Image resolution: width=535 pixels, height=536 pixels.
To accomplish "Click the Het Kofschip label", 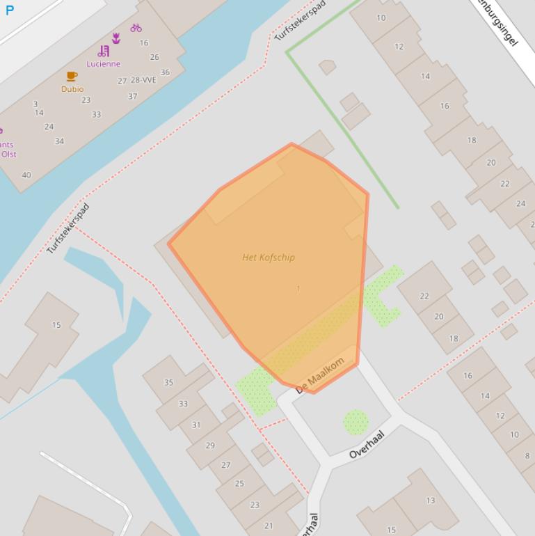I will pyautogui.click(x=269, y=258).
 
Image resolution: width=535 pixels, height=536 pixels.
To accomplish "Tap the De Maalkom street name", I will pyautogui.click(x=320, y=375).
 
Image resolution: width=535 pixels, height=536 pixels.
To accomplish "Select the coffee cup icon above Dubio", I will pyautogui.click(x=72, y=77).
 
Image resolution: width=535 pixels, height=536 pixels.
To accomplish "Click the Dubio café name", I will pyautogui.click(x=72, y=89).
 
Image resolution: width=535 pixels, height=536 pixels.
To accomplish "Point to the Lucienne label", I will pyautogui.click(x=104, y=64).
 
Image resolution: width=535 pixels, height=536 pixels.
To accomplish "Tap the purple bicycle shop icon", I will pyautogui.click(x=136, y=28).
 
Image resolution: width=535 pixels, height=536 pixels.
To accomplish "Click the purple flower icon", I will pyautogui.click(x=116, y=38).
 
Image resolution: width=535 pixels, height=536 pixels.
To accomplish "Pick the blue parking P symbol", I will pyautogui.click(x=10, y=10).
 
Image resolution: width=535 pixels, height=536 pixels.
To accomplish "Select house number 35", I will pyautogui.click(x=168, y=382).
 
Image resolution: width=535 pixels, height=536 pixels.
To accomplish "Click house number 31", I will pyautogui.click(x=196, y=425).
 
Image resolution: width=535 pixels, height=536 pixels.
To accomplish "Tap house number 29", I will pyautogui.click(x=210, y=446).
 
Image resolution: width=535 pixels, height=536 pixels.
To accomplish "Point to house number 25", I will pyautogui.click(x=239, y=483).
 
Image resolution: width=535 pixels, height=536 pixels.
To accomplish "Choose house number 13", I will pyautogui.click(x=430, y=500).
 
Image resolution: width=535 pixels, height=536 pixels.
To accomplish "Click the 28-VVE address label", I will pyautogui.click(x=143, y=80).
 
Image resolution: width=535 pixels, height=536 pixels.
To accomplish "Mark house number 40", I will pyautogui.click(x=26, y=175).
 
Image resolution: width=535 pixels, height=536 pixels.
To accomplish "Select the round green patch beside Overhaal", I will pyautogui.click(x=356, y=422).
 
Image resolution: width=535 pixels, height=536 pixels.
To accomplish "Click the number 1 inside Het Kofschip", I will pyautogui.click(x=298, y=288).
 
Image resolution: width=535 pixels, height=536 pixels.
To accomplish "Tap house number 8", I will pyautogui.click(x=527, y=456).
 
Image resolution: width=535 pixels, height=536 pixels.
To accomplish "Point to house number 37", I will pyautogui.click(x=132, y=96).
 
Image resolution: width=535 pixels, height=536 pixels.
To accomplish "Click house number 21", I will pyautogui.click(x=269, y=526).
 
